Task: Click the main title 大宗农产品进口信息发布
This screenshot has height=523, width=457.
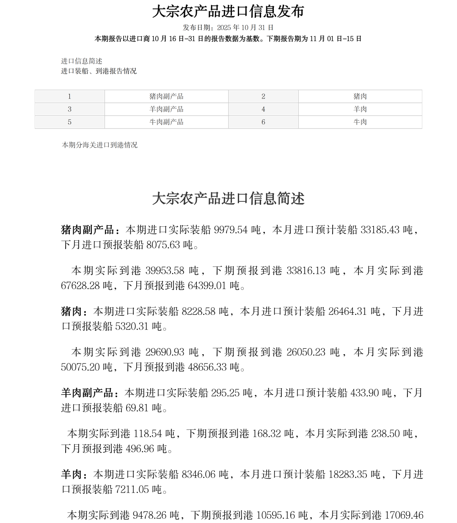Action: coord(228,11)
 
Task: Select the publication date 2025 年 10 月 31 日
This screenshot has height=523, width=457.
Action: coord(245,28)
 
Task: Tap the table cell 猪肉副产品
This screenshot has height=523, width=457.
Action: coord(166,96)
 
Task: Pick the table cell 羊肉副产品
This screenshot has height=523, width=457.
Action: coord(166,109)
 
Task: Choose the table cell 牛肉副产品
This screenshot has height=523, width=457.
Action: coord(166,122)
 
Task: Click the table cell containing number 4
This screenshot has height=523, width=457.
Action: coord(263,109)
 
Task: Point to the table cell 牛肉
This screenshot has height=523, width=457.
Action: coord(360,122)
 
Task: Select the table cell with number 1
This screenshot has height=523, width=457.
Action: coord(69,96)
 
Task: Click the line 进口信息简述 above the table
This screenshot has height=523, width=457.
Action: coord(82,61)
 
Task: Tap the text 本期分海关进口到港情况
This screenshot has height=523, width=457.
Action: coord(100,145)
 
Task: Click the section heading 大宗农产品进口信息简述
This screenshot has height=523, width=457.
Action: coord(228,198)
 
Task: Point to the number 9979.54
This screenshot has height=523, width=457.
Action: coord(231,230)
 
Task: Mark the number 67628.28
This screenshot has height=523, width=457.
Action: coord(80,286)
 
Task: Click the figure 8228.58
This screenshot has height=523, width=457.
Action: coord(198,311)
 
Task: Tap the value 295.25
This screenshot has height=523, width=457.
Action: coord(226,393)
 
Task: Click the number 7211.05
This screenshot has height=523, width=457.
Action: coord(132,490)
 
